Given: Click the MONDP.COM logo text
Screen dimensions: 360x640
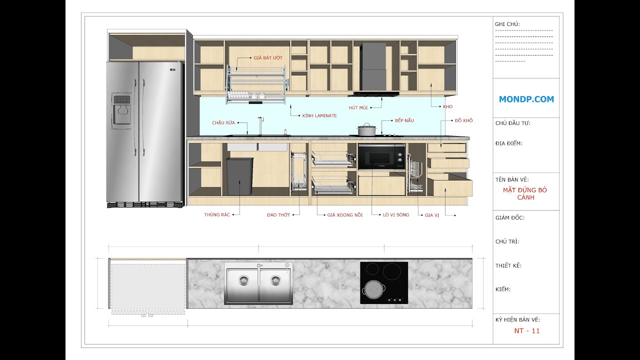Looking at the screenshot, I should pos(526,99).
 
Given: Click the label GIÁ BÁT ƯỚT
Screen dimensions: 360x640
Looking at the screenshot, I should pos(267,58).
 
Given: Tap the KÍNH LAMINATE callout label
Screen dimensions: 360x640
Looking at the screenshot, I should pos(319,115).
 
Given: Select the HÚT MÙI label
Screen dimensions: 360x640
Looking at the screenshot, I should pos(358,107).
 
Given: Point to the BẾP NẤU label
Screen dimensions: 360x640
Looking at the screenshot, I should pos(404,120).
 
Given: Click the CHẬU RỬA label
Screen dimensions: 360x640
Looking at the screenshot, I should pos(223,122).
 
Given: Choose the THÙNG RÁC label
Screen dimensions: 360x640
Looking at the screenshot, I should pos(217,214).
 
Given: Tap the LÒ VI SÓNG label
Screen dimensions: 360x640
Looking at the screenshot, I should pos(395,214).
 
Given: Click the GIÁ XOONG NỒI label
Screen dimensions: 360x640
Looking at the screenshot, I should pos(344,214).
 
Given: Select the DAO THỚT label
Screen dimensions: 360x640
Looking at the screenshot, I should pos(278,214).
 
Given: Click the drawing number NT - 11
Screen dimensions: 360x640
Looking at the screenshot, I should pos(527,330).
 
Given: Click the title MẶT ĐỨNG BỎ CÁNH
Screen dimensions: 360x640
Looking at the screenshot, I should pos(525,193).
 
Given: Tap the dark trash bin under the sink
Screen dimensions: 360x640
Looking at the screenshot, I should pos(239,176).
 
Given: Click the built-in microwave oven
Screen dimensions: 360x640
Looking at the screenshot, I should pos(381,157).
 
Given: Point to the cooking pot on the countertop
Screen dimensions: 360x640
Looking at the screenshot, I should pos(366,129).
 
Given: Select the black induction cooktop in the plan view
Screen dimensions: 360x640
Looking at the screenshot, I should pos(383,282).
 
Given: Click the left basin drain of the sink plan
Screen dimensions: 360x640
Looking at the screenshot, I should pos(243,280).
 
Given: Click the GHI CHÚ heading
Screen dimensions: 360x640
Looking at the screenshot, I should pos(507,24).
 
